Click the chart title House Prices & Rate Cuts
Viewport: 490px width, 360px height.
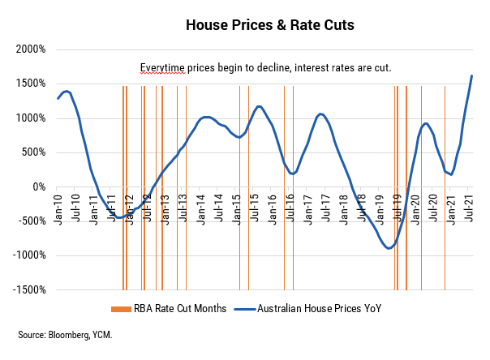[259, 25]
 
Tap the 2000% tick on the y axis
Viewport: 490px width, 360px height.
[32, 49]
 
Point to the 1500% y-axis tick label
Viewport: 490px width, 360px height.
[32, 84]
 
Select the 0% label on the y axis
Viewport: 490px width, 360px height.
[39, 186]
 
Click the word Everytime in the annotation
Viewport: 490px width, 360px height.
[162, 67]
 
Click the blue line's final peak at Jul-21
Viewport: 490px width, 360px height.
[472, 76]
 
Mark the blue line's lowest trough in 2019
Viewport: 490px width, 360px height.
[389, 248]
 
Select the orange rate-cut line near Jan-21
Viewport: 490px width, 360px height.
[445, 186]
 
